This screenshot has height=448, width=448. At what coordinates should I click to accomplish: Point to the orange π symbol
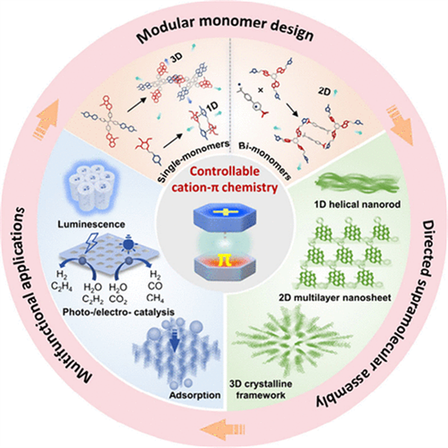pyautogui.click(x=224, y=283)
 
